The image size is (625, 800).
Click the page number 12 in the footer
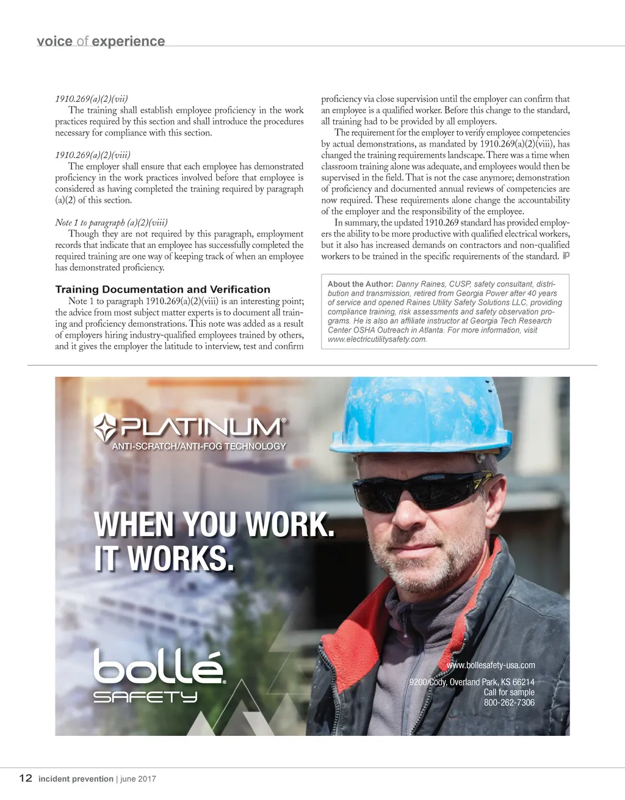(25, 778)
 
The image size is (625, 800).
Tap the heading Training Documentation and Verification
(162, 289)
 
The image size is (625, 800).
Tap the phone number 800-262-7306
(509, 703)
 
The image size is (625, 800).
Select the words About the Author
(360, 284)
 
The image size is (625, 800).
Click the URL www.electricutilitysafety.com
(377, 340)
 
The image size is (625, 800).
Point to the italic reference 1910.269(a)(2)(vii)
(92, 99)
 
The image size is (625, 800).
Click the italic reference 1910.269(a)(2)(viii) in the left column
(93, 155)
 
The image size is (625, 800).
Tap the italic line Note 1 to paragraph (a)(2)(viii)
(111, 223)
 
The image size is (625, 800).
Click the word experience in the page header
(128, 42)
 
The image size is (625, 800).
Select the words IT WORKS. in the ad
(164, 558)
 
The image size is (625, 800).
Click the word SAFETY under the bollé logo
(145, 697)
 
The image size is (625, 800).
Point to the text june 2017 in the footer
(138, 779)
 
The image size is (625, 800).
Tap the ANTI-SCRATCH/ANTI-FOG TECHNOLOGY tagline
(198, 446)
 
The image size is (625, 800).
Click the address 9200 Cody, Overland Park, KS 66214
(471, 682)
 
